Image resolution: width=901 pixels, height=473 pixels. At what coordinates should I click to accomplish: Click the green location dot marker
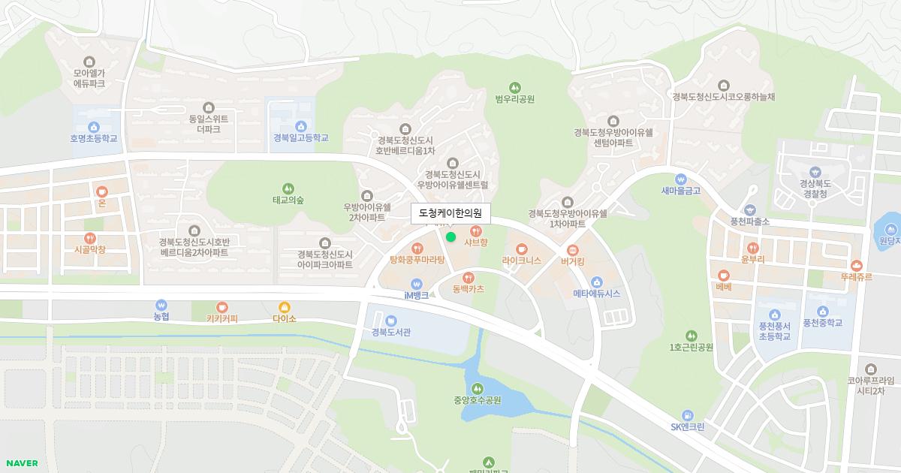pos(450,237)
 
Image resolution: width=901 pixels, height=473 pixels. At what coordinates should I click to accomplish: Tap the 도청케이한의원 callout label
pos(450,214)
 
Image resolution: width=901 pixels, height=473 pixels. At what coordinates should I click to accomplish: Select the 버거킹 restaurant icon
pos(573,250)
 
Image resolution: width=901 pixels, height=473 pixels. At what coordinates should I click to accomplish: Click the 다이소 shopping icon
pos(285,307)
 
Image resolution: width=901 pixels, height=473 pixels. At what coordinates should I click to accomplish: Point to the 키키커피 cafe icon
pos(221,307)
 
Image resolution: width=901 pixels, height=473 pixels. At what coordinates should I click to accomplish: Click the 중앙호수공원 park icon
pos(478,388)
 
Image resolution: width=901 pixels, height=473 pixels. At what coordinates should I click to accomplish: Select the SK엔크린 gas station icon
pos(687,415)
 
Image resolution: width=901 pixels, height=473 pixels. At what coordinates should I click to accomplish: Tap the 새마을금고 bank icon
pos(680,179)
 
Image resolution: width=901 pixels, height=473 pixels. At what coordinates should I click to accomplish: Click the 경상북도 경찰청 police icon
pos(815,171)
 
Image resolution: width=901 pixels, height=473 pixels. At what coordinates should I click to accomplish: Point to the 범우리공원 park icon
pos(514,87)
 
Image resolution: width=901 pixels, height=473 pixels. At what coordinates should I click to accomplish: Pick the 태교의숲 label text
pos(288,200)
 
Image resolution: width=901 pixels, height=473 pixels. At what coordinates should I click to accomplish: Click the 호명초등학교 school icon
pos(94,127)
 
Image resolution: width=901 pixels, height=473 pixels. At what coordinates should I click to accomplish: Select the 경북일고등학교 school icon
pos(301,126)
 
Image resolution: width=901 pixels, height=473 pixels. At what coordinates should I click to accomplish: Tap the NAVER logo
pos(22,463)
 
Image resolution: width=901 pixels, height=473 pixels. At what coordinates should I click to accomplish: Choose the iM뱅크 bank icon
pos(417,284)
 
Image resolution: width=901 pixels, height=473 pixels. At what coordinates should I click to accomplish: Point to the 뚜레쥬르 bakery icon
pos(857,265)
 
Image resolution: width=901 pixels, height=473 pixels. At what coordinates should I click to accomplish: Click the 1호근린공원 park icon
pos(691,336)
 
